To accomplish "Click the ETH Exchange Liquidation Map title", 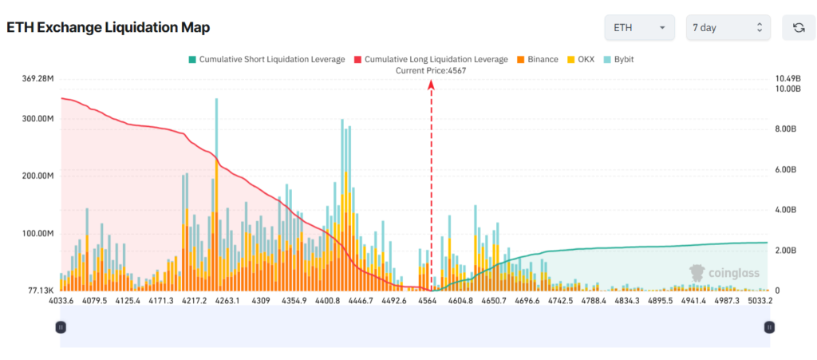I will [x=109, y=28].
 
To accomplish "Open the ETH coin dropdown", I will [x=639, y=28].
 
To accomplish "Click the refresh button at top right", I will [x=798, y=28].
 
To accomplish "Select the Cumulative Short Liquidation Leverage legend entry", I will [x=266, y=59].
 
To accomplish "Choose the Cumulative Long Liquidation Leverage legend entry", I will [x=430, y=59].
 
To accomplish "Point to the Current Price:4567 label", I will [x=431, y=70].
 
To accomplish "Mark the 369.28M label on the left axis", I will [x=37, y=79].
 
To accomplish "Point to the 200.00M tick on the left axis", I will [x=37, y=176].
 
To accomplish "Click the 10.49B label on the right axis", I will [x=787, y=79].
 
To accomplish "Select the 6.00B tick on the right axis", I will [x=786, y=170].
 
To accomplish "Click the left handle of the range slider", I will [x=60, y=326].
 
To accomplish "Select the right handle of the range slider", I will [x=769, y=326].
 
